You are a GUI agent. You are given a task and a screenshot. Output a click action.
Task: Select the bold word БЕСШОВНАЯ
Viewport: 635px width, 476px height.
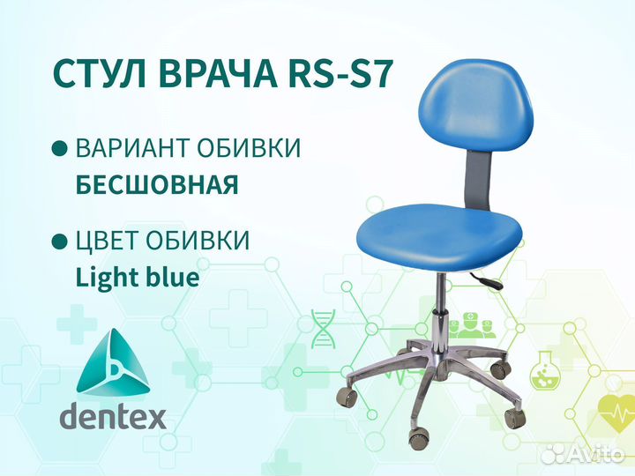pos(157,184)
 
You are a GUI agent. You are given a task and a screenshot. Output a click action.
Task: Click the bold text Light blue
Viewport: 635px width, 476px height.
pos(138,277)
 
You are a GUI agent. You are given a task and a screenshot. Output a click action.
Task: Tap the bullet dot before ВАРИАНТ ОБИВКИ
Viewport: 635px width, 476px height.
pos(60,148)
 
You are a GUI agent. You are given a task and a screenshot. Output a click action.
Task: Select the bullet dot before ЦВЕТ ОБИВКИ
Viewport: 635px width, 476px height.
pos(60,242)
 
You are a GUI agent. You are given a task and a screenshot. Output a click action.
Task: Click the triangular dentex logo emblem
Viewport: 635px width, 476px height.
pos(113,362)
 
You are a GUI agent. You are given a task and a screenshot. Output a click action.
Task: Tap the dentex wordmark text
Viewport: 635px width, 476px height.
pos(113,416)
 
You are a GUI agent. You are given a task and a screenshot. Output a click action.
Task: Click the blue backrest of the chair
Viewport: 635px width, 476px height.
pos(475,108)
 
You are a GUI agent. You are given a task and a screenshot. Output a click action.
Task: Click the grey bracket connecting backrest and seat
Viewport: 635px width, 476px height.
pos(478,179)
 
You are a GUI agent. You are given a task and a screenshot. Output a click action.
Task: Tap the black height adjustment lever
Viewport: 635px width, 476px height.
pos(487,280)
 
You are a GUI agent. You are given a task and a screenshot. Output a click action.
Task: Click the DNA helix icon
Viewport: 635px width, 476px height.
pos(324,328)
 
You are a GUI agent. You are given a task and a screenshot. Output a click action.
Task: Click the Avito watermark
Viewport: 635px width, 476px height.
pos(583,455)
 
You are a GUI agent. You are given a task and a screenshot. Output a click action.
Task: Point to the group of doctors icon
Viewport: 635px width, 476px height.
pos(471,325)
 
